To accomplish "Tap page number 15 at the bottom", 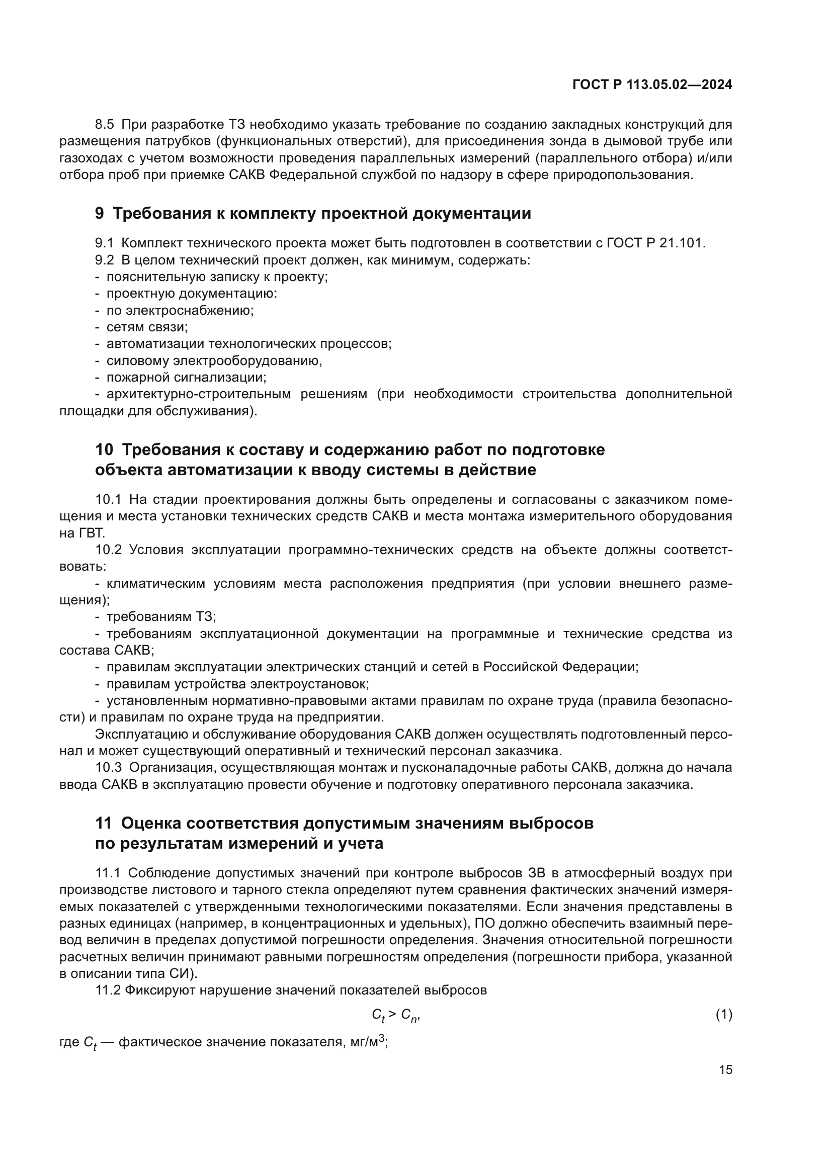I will pos(725,1069).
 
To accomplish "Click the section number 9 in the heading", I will pos(100,213).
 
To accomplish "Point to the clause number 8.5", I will pos(105,125).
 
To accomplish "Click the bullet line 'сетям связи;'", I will pos(147,327).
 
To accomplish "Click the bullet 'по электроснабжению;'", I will pos(180,310).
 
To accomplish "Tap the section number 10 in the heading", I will pos(104,449).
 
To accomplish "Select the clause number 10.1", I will pos(109,499).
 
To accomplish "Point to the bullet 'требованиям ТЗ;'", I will pos(161,617).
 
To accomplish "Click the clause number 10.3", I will pos(109,768).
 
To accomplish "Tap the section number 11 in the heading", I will pos(104,823).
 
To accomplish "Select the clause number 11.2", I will pos(108,990).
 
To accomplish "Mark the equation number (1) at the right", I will pos(723,1014).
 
